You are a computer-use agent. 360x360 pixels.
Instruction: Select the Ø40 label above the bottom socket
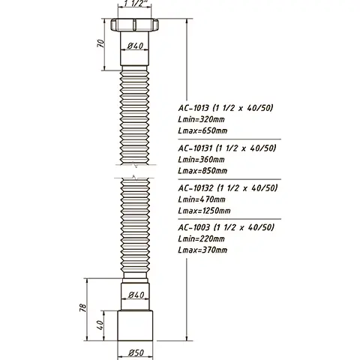(x=136, y=294)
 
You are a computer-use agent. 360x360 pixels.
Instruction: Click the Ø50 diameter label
(x=136, y=352)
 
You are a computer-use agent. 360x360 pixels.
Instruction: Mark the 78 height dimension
(x=84, y=307)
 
